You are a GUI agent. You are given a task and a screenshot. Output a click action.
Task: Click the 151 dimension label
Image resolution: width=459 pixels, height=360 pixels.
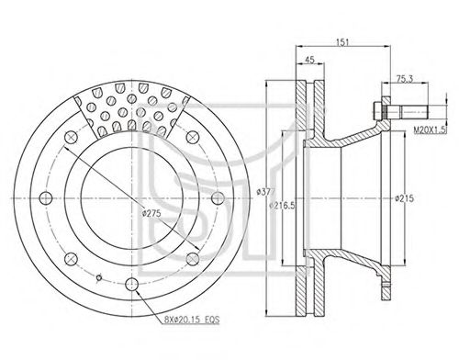pyautogui.click(x=342, y=42)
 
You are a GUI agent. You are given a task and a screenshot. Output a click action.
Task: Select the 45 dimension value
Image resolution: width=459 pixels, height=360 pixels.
pyautogui.click(x=309, y=60)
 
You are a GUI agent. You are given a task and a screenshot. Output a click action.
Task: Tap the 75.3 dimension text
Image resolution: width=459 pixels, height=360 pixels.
pyautogui.click(x=405, y=79)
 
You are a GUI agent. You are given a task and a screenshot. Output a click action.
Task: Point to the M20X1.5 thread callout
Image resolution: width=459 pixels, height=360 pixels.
pyautogui.click(x=430, y=130)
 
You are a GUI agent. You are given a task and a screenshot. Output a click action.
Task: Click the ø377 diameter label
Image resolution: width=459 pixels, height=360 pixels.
pyautogui.click(x=266, y=192)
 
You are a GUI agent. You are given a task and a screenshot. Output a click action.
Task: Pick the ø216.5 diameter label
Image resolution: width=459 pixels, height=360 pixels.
pyautogui.click(x=282, y=206)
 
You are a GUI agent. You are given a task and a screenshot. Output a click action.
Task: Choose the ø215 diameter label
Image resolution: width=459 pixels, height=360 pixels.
pyautogui.click(x=404, y=198)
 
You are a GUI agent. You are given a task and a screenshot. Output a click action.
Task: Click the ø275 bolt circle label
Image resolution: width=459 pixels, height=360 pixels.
pyautogui.click(x=151, y=213)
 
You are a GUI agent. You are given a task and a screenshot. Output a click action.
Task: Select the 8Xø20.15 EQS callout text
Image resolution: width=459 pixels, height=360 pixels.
pyautogui.click(x=192, y=321)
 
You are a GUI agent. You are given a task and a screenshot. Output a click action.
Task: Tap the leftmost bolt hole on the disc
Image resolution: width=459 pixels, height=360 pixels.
pyautogui.click(x=46, y=198)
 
